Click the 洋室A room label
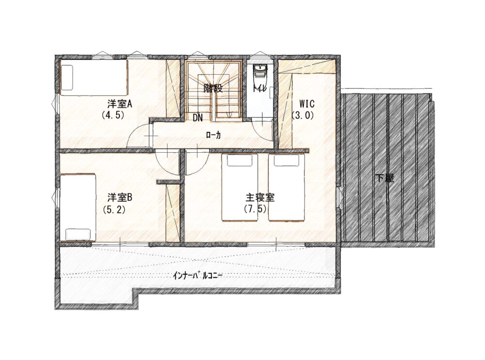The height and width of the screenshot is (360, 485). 120,104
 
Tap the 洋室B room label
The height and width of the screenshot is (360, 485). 120,198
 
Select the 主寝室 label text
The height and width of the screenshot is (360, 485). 260,198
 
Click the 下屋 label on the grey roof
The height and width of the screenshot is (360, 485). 385,178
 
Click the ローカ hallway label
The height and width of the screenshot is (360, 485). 213,135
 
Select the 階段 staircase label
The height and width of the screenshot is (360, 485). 213,89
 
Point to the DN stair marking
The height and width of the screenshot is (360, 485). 198,118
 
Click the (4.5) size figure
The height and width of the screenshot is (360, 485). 113,115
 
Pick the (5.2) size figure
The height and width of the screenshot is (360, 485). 113,210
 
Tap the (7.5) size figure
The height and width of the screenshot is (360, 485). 256,209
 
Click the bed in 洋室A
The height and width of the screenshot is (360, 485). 94,77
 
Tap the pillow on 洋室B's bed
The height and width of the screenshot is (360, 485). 79,234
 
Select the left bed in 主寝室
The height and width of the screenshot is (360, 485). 240,188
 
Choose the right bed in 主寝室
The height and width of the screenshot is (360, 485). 287,188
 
